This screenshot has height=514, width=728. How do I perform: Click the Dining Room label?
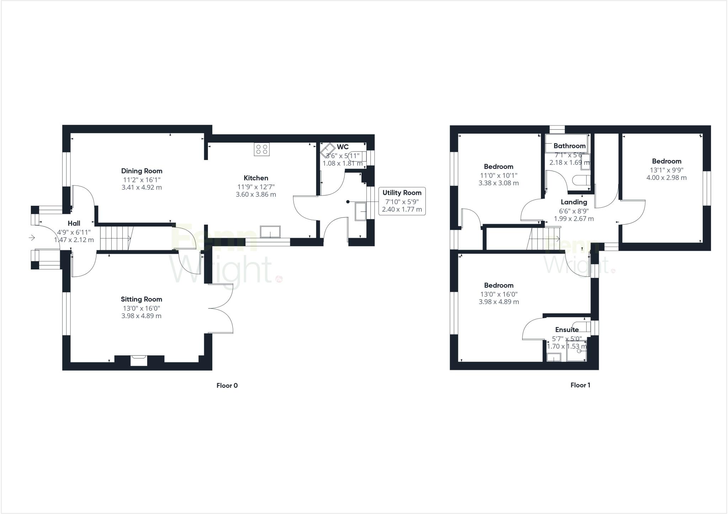[141, 171]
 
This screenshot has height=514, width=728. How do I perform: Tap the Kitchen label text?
[256, 178]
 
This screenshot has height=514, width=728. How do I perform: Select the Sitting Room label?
[141, 299]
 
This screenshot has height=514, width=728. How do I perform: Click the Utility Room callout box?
[402, 201]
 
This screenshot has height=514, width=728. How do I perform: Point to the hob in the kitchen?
[262, 149]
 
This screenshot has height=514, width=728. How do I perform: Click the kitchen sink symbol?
[270, 232]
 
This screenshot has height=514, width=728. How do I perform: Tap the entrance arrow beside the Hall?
[32, 237]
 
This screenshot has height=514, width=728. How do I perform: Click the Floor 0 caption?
[227, 385]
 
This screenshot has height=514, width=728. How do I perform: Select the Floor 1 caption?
[580, 385]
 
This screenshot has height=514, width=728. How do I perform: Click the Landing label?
[574, 202]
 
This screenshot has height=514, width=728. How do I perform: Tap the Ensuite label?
[567, 330]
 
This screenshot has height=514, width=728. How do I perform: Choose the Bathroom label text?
[569, 146]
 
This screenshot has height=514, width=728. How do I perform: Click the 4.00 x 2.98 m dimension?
[667, 178]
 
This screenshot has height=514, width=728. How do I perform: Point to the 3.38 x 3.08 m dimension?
[498, 183]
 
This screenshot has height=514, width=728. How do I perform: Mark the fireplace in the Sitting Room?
[139, 360]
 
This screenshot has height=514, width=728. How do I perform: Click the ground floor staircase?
[116, 238]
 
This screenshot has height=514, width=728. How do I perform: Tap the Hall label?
[74, 223]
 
